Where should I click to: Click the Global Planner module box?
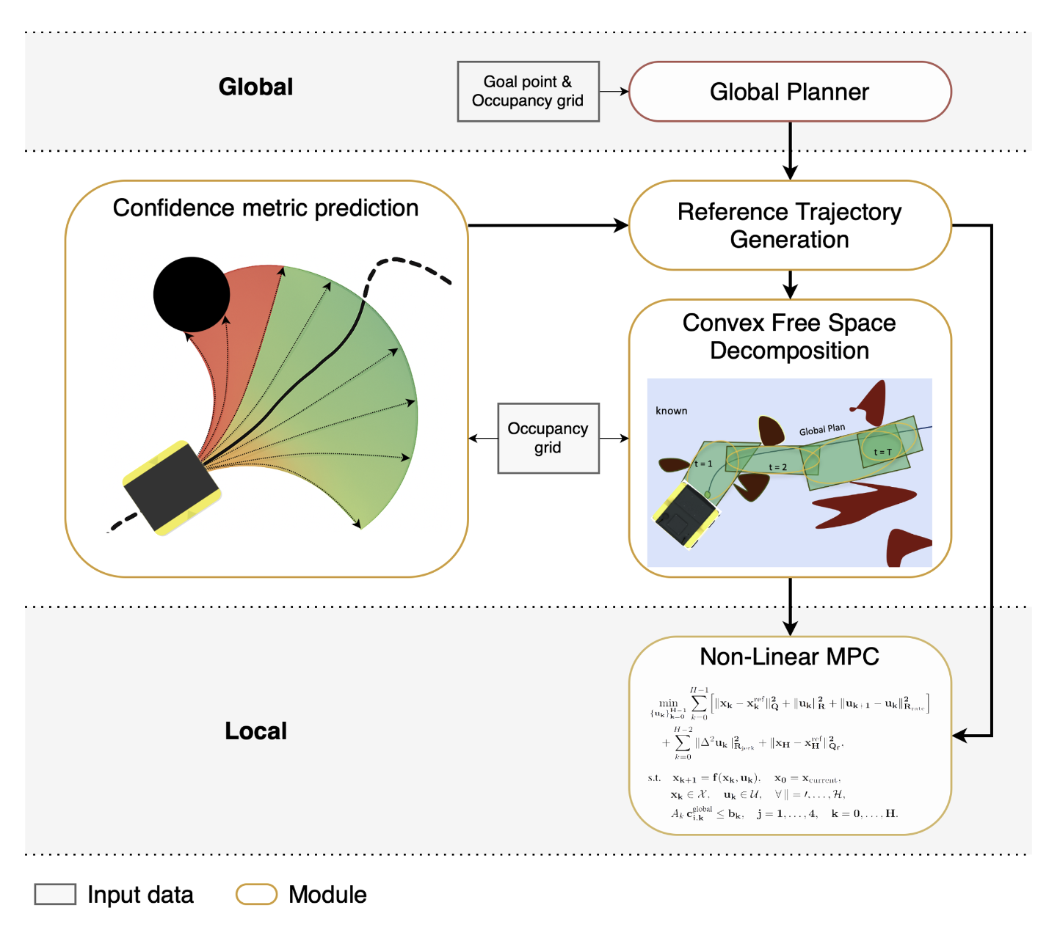coord(789,92)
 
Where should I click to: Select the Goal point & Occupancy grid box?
coord(528,92)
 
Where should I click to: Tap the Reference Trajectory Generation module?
coord(789,225)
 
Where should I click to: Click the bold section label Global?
coord(255,87)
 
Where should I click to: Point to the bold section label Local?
coord(255,731)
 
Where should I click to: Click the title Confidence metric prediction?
coord(265,208)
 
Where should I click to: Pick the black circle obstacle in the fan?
coord(192,294)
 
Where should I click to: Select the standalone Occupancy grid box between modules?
coord(548,438)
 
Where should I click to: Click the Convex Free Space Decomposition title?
coord(789,337)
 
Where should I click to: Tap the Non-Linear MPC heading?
coord(789,656)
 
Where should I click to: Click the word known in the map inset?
coord(671,411)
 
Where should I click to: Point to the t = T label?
coord(882,452)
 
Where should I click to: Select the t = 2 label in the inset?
coord(777,467)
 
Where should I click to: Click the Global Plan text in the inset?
coord(821,430)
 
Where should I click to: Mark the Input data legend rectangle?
coord(55,894)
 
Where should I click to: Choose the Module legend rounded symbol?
coord(256,894)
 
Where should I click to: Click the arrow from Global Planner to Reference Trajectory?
coord(790,150)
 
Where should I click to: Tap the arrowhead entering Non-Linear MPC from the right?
coord(959,735)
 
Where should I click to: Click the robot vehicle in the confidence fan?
coord(172,487)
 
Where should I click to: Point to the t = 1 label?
coord(703,464)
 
